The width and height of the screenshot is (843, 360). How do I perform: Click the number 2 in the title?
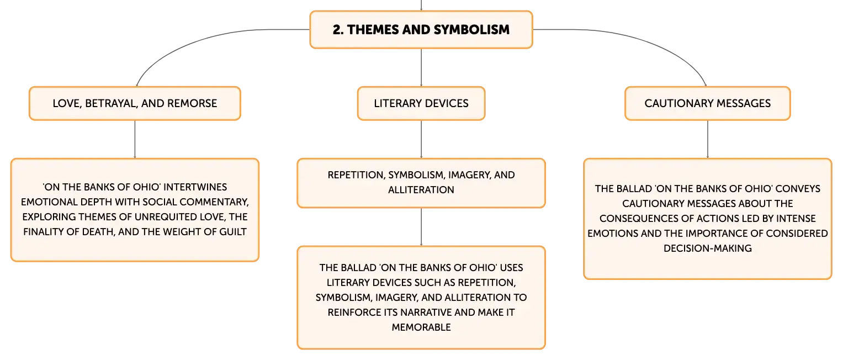pyautogui.click(x=337, y=30)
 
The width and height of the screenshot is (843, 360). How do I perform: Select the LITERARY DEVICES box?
pyautogui.click(x=421, y=104)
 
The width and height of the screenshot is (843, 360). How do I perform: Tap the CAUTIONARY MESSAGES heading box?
pyautogui.click(x=708, y=104)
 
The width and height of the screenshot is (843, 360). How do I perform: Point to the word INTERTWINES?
pyautogui.click(x=195, y=187)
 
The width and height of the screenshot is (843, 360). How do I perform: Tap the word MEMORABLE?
pyautogui.click(x=421, y=327)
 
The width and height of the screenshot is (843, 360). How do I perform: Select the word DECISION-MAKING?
pyautogui.click(x=708, y=248)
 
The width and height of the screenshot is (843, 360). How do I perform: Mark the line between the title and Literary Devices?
pyautogui.click(x=421, y=68)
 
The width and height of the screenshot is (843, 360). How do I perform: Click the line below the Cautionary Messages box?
pyautogui.click(x=708, y=139)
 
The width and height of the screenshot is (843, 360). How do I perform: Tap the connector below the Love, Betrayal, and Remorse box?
pyautogui.click(x=135, y=139)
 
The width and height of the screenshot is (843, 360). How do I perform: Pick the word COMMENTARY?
pyautogui.click(x=215, y=202)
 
